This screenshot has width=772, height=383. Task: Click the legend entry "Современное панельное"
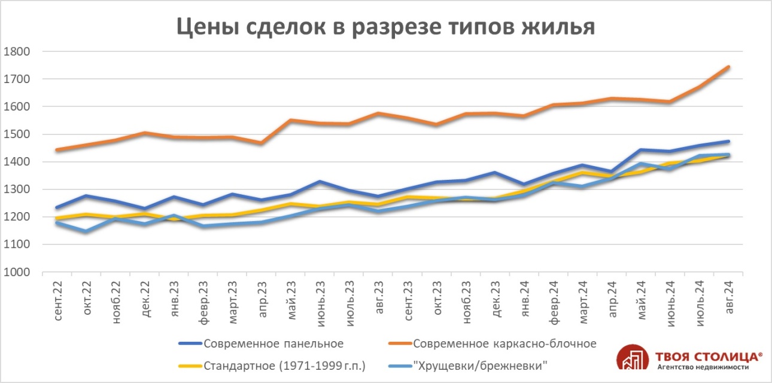tap(273, 344)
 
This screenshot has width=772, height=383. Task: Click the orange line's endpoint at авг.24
tap(728, 67)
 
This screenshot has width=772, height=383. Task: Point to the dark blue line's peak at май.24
tap(641, 149)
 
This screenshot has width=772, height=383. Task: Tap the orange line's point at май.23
tap(291, 120)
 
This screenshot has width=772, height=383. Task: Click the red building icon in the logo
tap(633, 359)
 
